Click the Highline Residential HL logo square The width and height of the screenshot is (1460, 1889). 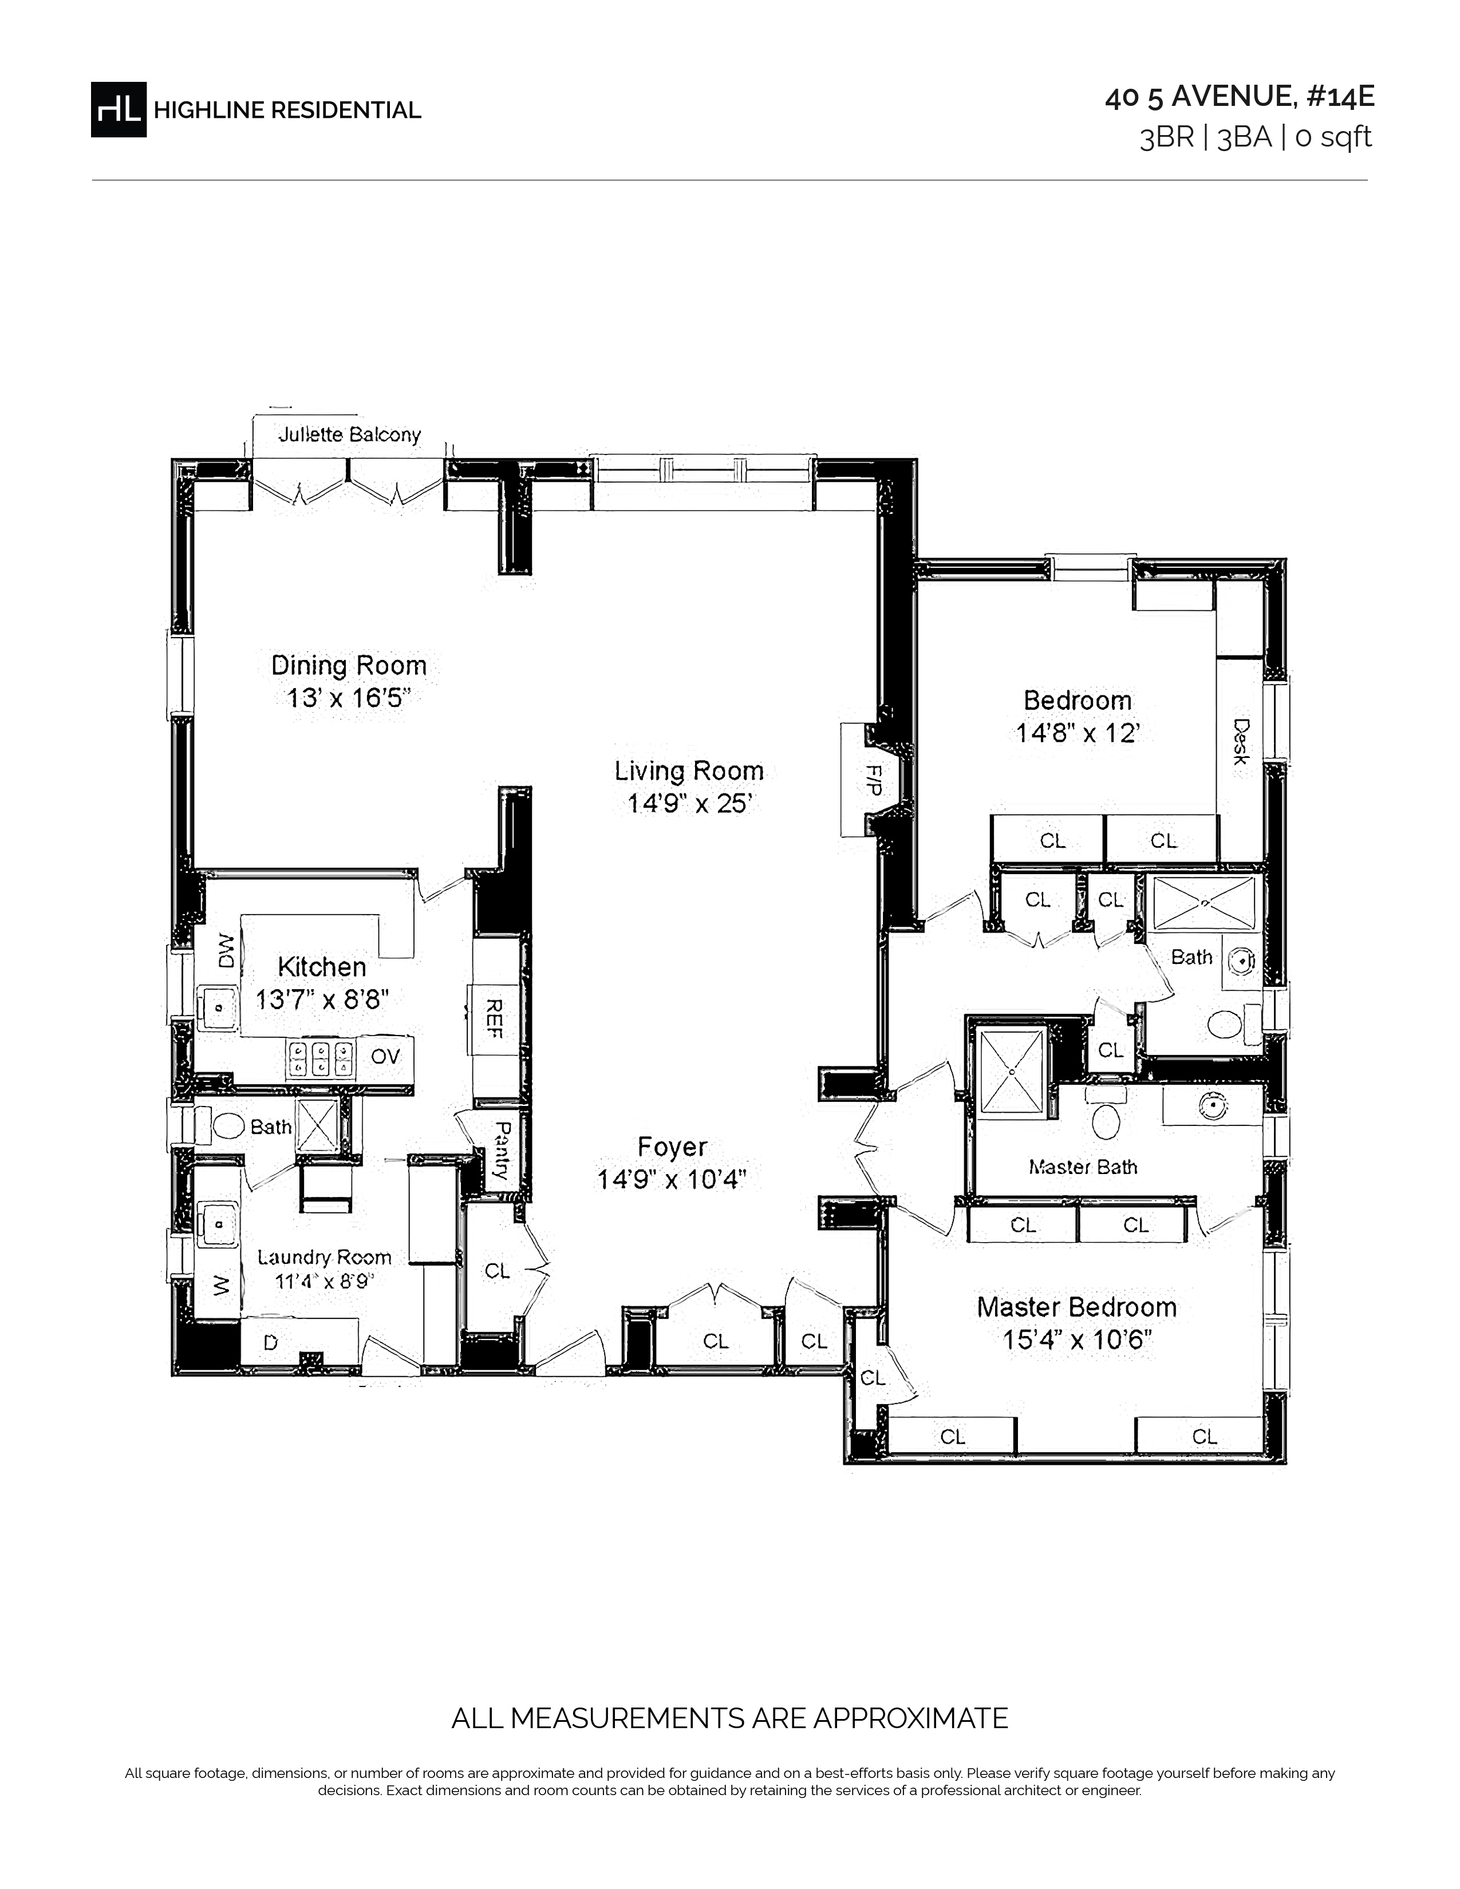coord(119,109)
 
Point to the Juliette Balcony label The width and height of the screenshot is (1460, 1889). coord(349,434)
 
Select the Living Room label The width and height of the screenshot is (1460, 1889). coord(689,770)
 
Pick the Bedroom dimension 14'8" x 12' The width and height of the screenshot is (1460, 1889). coord(1078,733)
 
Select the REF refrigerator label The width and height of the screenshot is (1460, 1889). coord(495,1019)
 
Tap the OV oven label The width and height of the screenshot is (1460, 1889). coord(386,1057)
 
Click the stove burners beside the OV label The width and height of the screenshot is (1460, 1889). coord(321,1058)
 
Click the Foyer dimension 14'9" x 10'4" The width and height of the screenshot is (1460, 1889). coord(672,1179)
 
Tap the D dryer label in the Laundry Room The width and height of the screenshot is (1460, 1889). coord(271,1342)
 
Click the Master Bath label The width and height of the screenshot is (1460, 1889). coord(1083,1167)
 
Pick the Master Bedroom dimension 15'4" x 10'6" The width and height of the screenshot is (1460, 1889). coord(1078,1341)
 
